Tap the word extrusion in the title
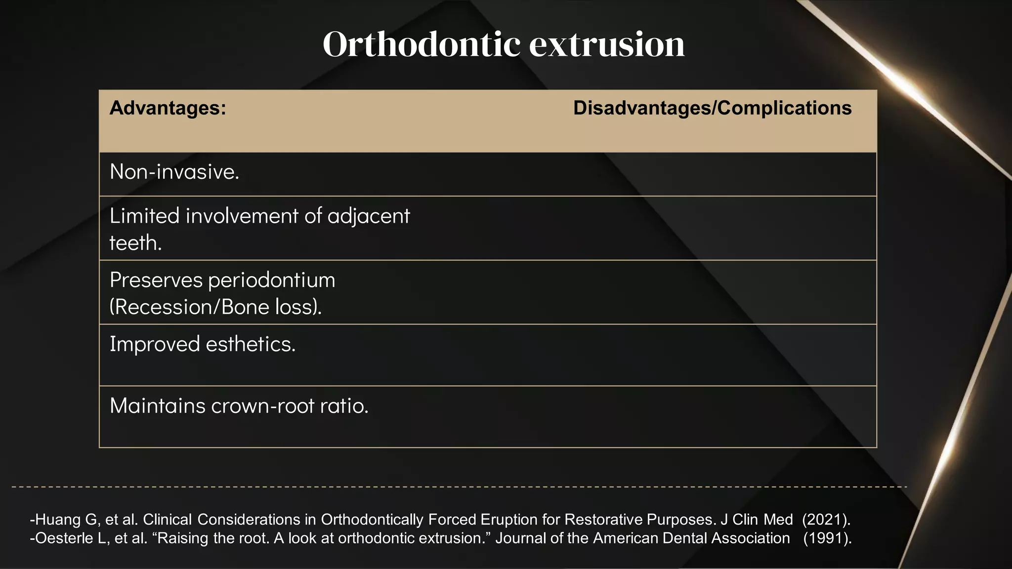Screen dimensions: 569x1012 (607, 44)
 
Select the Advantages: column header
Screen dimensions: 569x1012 (168, 108)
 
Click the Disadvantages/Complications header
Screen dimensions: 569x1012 (712, 108)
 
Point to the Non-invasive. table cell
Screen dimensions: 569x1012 (174, 172)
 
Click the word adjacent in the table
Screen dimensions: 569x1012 (368, 216)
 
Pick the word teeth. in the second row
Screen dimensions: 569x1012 (135, 243)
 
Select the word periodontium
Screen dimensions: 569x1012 (272, 281)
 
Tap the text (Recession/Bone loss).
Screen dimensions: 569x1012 (215, 307)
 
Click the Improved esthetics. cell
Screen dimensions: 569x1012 (203, 344)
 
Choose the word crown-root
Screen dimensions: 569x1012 (262, 406)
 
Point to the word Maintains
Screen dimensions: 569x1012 (157, 406)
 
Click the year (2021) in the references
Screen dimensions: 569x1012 (826, 520)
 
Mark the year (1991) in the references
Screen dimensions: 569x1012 (827, 538)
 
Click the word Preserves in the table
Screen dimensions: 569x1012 (156, 281)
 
